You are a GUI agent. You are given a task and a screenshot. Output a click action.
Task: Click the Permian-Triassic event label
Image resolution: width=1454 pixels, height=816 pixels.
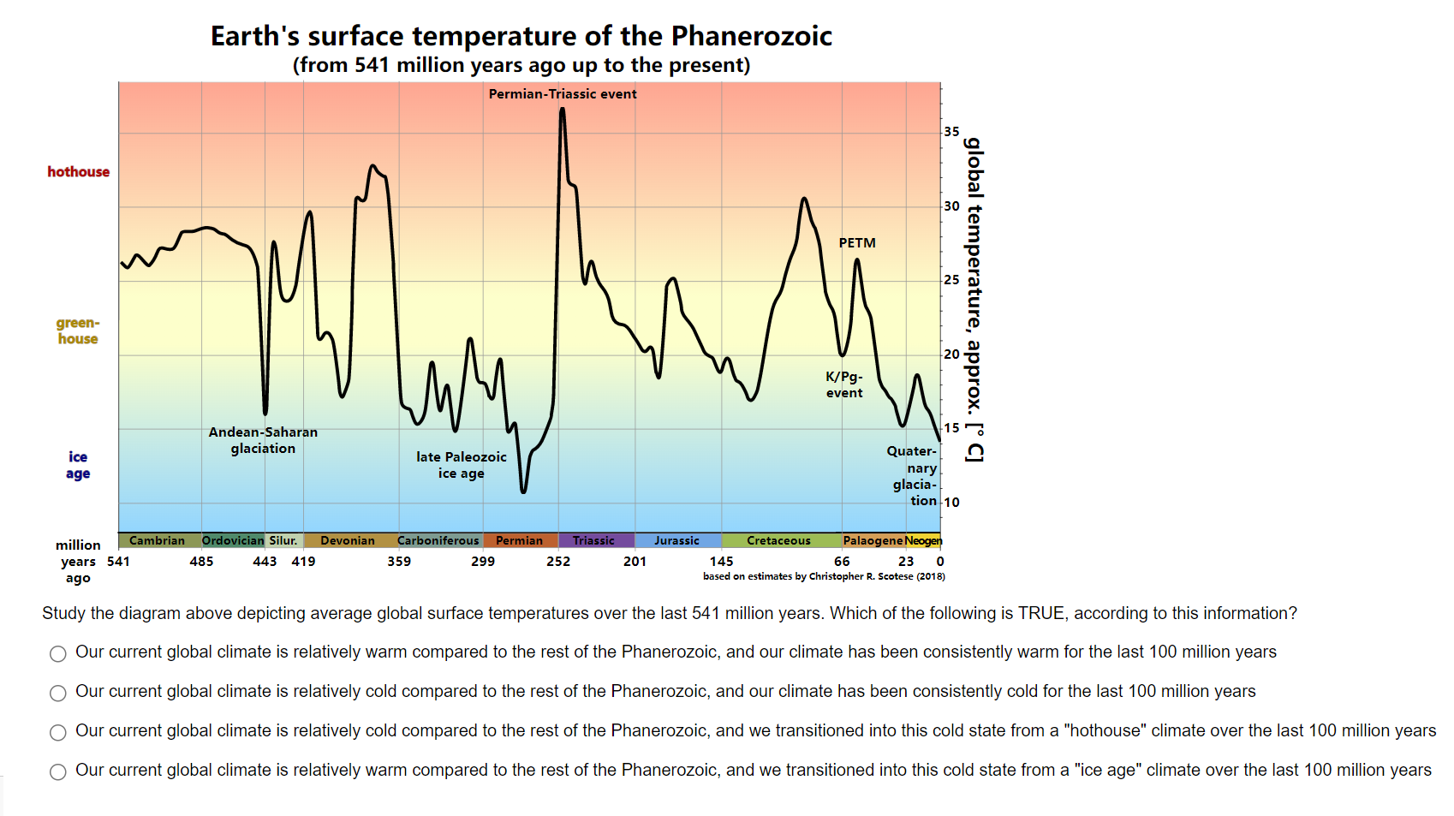(x=563, y=94)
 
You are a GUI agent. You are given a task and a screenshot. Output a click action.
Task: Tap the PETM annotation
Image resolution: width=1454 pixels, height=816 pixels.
(x=857, y=243)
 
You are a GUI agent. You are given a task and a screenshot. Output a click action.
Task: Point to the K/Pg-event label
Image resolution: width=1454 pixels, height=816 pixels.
(x=844, y=384)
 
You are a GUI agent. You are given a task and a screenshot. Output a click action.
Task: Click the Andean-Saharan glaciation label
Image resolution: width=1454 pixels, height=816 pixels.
(x=263, y=440)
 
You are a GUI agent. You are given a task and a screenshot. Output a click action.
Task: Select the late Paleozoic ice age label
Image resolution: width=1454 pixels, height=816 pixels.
(x=462, y=465)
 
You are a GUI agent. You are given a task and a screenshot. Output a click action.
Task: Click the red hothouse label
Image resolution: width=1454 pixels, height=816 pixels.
(x=79, y=172)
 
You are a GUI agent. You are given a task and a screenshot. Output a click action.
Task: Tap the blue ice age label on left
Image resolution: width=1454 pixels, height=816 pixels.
(x=78, y=465)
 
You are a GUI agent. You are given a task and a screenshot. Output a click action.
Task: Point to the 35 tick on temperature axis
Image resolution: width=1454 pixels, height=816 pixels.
(x=951, y=132)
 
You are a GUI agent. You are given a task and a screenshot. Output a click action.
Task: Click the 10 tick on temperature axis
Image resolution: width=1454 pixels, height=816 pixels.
(x=951, y=503)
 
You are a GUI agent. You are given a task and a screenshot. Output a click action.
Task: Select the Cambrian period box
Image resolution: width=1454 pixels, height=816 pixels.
(x=158, y=540)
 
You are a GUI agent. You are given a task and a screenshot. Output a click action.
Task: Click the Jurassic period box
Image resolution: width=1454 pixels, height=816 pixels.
(x=677, y=540)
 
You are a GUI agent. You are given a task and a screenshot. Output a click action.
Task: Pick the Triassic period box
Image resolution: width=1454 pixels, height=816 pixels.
(x=594, y=540)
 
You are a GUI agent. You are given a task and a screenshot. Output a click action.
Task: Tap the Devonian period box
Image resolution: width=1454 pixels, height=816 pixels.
(x=348, y=540)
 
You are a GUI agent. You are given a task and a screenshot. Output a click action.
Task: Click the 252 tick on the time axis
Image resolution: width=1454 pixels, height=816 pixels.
(x=558, y=562)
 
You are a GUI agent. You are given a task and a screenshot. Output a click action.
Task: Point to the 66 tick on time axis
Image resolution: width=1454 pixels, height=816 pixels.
(x=843, y=562)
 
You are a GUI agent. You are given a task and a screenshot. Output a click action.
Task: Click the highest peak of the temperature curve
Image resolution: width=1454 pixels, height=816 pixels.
(x=562, y=110)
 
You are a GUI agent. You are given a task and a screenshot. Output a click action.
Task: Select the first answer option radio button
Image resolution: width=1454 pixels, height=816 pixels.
(x=58, y=654)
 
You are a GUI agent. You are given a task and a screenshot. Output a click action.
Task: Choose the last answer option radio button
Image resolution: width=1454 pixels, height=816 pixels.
(x=58, y=772)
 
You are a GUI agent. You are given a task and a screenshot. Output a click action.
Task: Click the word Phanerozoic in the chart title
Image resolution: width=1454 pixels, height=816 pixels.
(x=751, y=36)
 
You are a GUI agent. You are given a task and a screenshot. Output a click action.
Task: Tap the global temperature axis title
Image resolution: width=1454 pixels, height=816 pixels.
(x=974, y=300)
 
